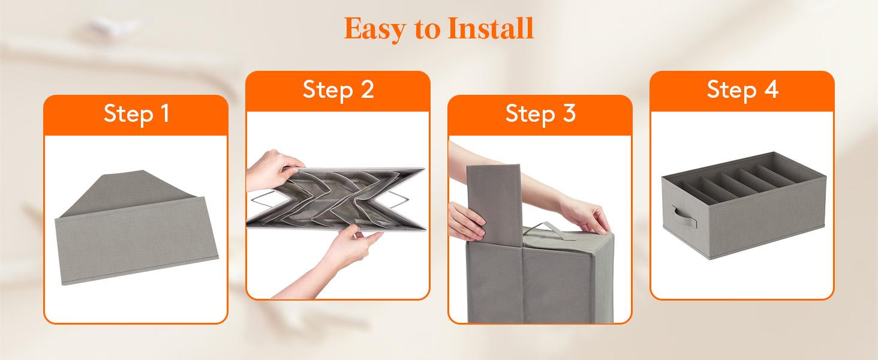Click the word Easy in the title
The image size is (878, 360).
[x=371, y=29]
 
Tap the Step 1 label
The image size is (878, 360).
[x=136, y=113]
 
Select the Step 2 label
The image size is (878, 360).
[x=338, y=89]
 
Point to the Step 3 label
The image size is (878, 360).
[x=540, y=113]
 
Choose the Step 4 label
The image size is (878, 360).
[x=742, y=89]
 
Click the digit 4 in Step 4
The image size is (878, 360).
[x=771, y=89]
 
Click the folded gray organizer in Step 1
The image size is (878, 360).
[x=136, y=240]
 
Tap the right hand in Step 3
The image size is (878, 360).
[x=585, y=213]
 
